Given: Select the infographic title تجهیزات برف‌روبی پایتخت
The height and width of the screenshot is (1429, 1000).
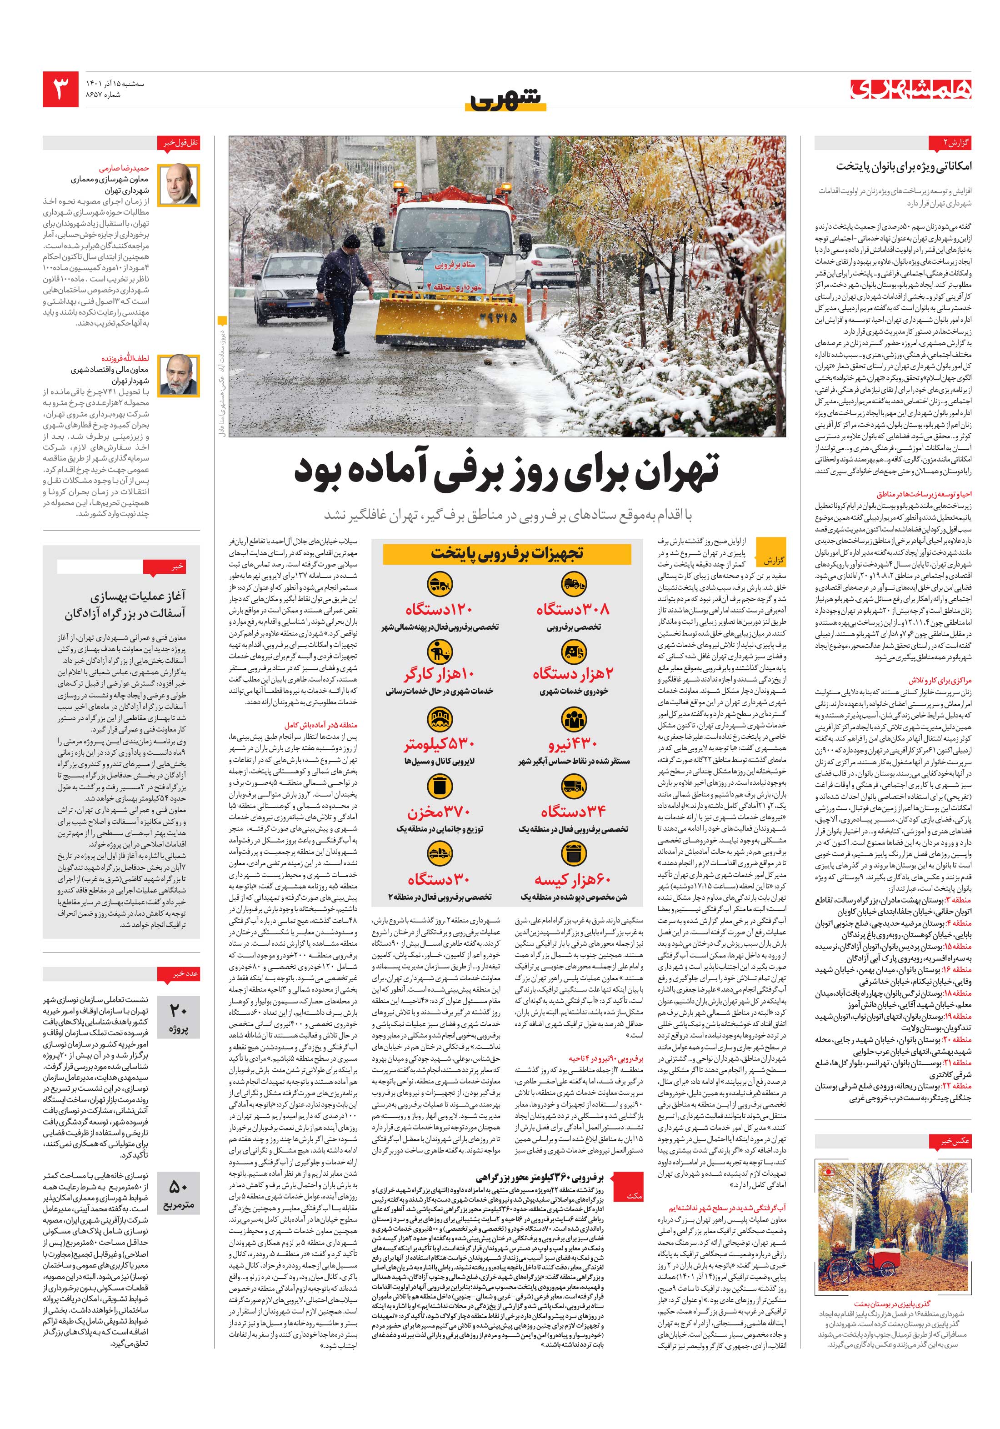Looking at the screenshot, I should [x=506, y=553].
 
